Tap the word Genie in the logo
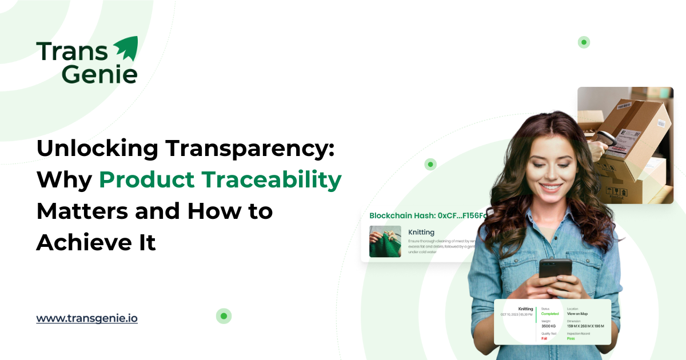tap(99, 74)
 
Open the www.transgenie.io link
tap(87, 318)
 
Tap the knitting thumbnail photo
tap(385, 241)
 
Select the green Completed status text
tap(550, 314)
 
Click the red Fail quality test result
tap(544, 338)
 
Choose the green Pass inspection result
tap(571, 338)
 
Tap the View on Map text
tap(577, 314)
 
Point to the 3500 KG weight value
tap(550, 326)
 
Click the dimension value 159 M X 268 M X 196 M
tap(585, 326)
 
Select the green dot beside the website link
tap(224, 316)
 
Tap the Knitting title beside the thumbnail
tap(421, 232)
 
